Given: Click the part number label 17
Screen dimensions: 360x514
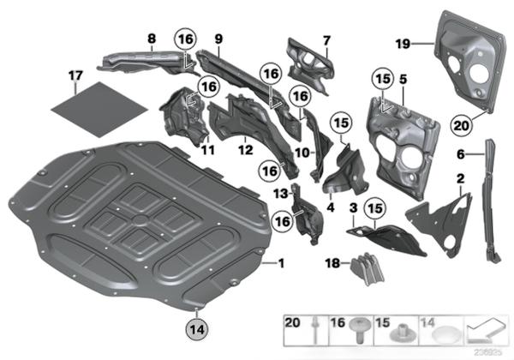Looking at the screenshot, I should tap(75, 77).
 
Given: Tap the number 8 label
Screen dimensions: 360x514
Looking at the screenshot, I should tap(151, 39).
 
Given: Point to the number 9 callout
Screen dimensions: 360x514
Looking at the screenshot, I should tap(218, 39).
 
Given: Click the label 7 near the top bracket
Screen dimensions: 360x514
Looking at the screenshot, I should tap(326, 39).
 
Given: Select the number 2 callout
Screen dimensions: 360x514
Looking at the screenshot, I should tap(462, 178).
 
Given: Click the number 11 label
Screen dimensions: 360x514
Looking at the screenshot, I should tap(206, 151).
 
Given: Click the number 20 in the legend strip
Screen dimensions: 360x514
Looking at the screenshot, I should tap(293, 323).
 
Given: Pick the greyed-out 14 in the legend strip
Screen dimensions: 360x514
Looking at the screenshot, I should tap(424, 323).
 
